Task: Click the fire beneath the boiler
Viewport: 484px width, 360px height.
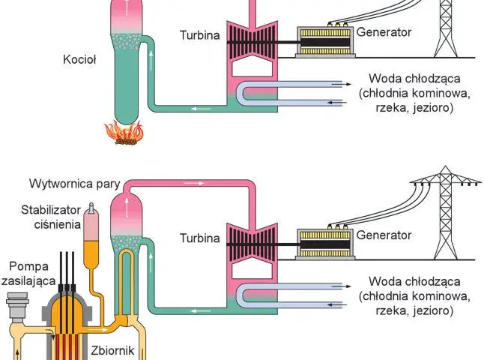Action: tap(124, 133)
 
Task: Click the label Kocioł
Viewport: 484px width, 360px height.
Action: tap(79, 59)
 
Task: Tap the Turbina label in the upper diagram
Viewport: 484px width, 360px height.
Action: tap(200, 35)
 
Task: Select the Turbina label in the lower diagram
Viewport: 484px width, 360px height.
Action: tap(200, 238)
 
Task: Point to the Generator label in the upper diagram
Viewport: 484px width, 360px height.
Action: tap(384, 32)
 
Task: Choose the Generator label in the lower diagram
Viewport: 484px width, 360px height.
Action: tap(384, 235)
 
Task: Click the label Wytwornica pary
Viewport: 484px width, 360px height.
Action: tap(75, 184)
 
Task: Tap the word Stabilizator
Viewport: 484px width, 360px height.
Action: tap(51, 210)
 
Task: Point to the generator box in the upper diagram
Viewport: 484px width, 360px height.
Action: tap(326, 41)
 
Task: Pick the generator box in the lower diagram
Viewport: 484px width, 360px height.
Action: tap(326, 244)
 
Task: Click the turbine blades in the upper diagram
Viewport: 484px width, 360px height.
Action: tap(252, 42)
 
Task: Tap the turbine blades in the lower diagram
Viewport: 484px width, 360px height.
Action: tap(252, 244)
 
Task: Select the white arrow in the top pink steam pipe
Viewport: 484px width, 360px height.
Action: tap(193, 183)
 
